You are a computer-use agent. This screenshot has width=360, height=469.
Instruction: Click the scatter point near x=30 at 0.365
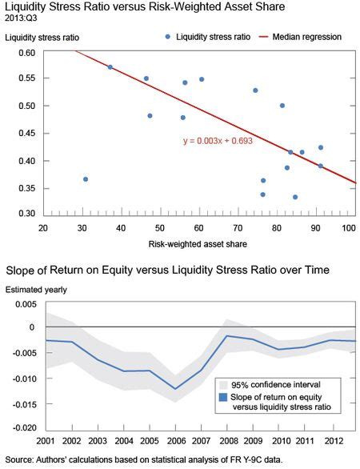coord(86,179)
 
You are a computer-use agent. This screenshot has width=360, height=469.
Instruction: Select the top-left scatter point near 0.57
coord(110,67)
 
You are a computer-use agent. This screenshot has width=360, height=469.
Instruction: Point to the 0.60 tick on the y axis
coord(27,53)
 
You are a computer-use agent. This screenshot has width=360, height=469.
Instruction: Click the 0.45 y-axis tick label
coord(27,133)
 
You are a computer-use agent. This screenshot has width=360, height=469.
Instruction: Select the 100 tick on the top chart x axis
coord(348,226)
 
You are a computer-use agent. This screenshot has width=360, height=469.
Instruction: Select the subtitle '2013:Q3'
coord(22,18)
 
